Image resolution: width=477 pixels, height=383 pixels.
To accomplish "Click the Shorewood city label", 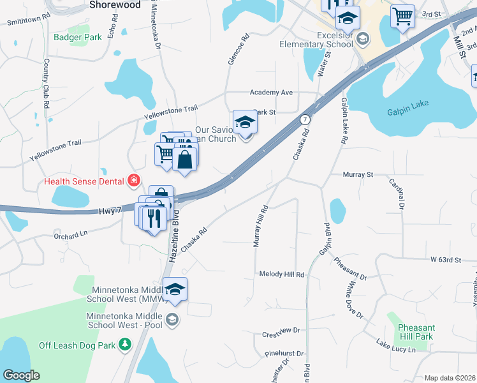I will [x=115, y=4].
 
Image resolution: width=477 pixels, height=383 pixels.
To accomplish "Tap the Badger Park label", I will [x=78, y=38].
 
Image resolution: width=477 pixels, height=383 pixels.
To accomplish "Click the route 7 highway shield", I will [x=306, y=119].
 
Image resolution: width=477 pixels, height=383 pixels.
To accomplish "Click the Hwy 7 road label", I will [x=110, y=211].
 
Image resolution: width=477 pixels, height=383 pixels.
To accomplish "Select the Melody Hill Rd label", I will [x=282, y=274].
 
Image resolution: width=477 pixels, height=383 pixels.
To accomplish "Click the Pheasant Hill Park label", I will [x=415, y=332].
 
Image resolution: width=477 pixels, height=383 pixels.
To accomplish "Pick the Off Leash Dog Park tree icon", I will [x=126, y=345].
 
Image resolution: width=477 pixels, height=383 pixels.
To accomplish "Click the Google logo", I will [x=21, y=375].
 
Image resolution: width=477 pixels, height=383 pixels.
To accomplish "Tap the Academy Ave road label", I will [x=271, y=93].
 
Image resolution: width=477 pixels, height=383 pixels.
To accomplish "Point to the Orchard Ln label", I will [x=70, y=234].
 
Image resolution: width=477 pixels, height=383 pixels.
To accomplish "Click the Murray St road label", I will [x=357, y=174].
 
